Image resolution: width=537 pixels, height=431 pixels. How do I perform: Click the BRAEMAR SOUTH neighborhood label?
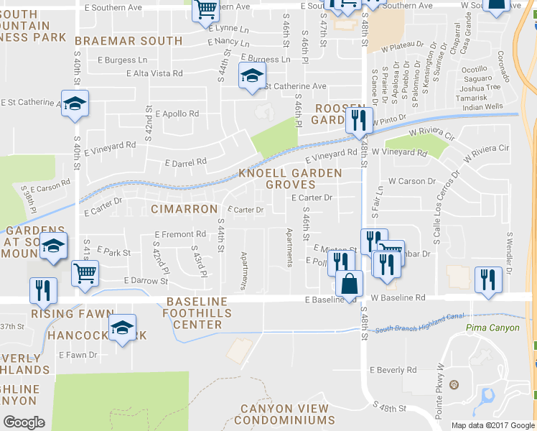click(129, 41)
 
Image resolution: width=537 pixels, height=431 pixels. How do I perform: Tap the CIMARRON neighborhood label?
click(185, 209)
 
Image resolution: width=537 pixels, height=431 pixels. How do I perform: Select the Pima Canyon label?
click(492, 328)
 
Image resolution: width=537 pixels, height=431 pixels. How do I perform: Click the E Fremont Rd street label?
click(180, 235)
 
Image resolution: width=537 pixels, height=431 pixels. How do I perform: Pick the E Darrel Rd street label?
click(185, 162)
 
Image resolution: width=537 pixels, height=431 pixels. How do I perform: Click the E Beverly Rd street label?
click(393, 370)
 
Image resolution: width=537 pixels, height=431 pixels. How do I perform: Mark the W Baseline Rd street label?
click(398, 297)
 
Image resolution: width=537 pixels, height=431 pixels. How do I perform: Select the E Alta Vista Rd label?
click(154, 73)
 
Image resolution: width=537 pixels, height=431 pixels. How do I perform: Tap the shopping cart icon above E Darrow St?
click(85, 273)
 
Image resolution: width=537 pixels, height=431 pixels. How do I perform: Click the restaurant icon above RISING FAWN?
click(42, 289)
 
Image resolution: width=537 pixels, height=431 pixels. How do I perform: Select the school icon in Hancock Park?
click(123, 328)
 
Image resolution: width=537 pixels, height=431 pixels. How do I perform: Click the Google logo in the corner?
click(24, 422)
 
